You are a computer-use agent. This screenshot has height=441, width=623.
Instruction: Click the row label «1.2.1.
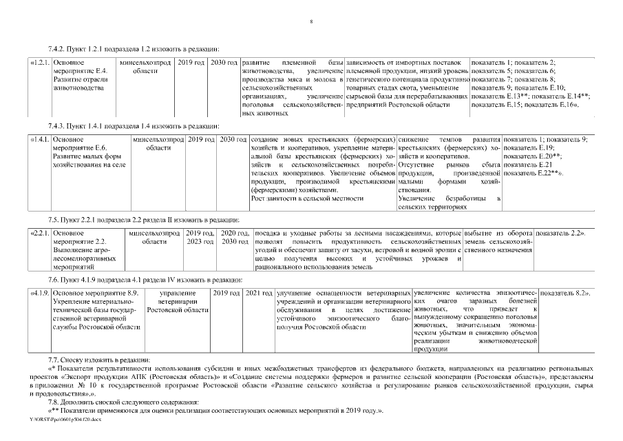40,63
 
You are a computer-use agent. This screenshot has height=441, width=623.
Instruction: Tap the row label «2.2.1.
40,234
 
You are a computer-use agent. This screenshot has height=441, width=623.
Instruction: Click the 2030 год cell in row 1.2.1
224,63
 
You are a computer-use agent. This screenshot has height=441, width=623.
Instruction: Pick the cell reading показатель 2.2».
560,234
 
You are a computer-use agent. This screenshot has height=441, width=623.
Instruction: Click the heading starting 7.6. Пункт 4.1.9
145,279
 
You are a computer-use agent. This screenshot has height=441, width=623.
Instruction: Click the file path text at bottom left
61,418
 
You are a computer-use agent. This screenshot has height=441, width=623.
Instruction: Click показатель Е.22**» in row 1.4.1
534,172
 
